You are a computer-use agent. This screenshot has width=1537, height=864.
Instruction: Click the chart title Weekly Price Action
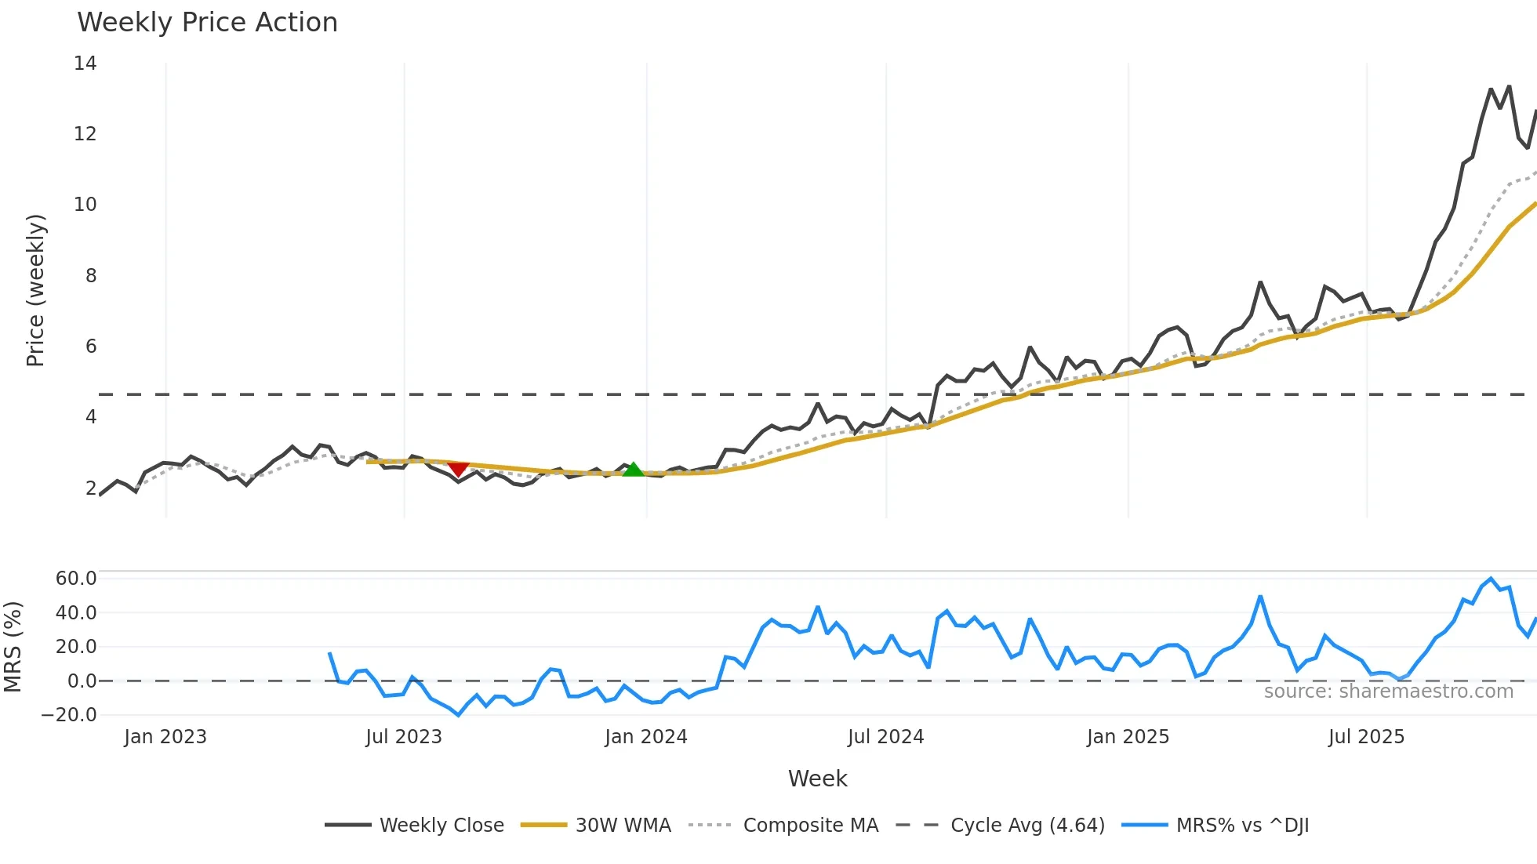(207, 23)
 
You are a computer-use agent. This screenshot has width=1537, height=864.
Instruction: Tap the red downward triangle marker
(458, 469)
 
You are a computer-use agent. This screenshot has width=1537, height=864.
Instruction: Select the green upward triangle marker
(633, 470)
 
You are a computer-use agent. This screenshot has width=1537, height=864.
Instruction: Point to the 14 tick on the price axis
(85, 64)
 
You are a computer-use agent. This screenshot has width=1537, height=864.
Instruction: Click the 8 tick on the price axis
(91, 276)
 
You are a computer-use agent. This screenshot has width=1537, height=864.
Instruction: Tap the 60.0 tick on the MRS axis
(76, 579)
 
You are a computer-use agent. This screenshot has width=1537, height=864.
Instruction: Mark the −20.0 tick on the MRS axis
(69, 715)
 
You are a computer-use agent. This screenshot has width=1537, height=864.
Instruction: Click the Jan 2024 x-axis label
(646, 737)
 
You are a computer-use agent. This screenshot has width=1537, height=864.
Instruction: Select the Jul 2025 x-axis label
(1366, 737)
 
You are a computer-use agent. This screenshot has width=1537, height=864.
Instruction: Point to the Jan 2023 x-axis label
(165, 737)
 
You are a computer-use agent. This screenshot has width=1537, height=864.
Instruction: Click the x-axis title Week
(817, 779)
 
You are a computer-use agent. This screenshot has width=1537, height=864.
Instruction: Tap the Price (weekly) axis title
(36, 290)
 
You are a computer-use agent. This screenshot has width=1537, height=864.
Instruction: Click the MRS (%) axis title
(13, 647)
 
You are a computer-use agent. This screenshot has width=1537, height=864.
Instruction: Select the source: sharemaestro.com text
(1388, 692)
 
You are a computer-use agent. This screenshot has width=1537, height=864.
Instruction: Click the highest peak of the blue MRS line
(1491, 579)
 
